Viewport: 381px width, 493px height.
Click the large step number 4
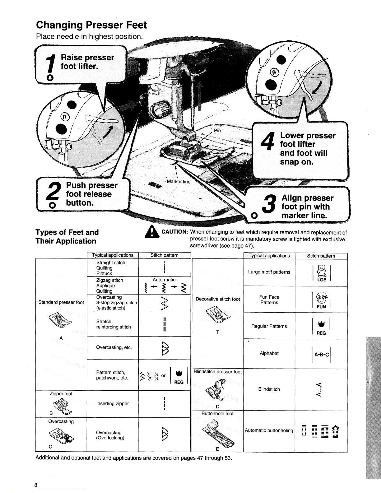(x=267, y=141)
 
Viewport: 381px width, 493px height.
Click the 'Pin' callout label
(x=217, y=130)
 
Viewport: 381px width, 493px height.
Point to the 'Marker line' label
(x=179, y=182)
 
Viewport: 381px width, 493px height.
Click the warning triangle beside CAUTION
(x=152, y=231)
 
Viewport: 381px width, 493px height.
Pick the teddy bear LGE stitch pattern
(x=321, y=273)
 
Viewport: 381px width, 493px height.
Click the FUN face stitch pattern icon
(x=321, y=300)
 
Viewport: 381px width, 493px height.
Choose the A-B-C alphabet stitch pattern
(x=321, y=355)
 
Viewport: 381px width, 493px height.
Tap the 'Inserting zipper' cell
(x=113, y=403)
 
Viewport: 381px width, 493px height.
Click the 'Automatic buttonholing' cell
(x=269, y=430)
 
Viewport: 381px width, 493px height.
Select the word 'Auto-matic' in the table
(x=164, y=280)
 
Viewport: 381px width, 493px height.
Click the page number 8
(x=35, y=485)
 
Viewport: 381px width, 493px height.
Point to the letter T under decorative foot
(x=218, y=333)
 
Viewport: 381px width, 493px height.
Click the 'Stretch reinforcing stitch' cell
(x=114, y=324)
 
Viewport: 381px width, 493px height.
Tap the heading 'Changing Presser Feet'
(x=91, y=25)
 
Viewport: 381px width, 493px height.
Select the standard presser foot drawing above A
(x=60, y=320)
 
